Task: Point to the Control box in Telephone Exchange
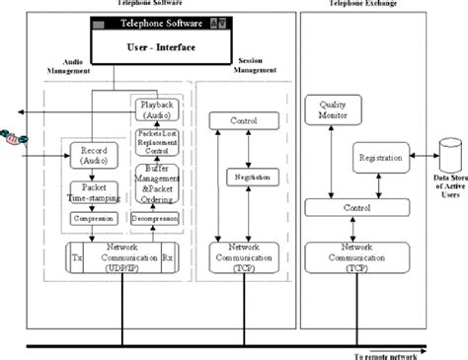coord(356,207)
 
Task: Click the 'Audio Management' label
coord(70,67)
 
